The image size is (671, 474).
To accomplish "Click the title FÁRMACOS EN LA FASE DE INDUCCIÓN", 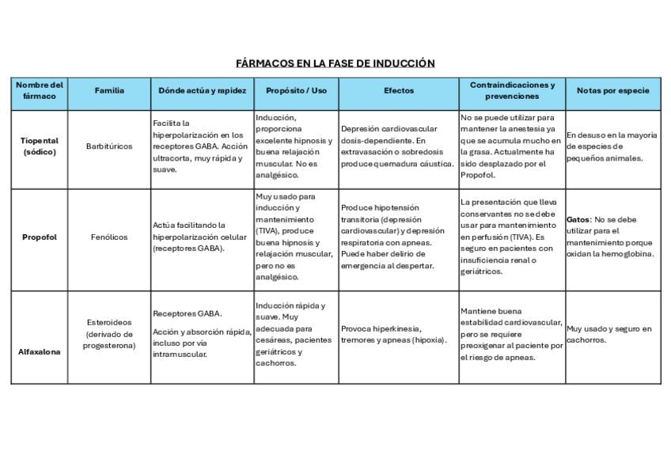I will pos(335,63).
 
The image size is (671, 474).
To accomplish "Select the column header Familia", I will pos(109,91).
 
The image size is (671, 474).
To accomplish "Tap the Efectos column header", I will pos(398,91).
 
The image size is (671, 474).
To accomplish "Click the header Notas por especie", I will pos(612,91).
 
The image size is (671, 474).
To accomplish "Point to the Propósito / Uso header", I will pos(296,91).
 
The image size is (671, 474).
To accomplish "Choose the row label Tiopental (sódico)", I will pos(40,146).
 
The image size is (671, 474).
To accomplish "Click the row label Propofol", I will pos(40,237).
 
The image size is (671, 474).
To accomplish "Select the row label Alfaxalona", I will pos(40,352).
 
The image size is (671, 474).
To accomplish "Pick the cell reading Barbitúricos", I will pos(109,146).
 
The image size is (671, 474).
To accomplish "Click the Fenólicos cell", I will pos(109,237).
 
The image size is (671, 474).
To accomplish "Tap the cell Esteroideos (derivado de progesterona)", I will pos(109,334).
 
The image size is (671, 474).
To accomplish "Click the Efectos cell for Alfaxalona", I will pos(393,334).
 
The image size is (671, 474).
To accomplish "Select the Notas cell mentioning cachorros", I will pos(609,334).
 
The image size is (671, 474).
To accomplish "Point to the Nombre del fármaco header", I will pos(40,91).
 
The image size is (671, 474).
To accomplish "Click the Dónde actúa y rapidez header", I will pos(203,91).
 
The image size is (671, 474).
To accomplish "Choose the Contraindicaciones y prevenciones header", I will pos(512,91).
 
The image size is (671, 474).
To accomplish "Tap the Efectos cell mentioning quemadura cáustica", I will pos(397,146).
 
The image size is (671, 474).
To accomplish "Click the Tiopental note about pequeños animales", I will pos(611,146).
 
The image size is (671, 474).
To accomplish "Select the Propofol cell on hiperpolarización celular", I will pos(199,237).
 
